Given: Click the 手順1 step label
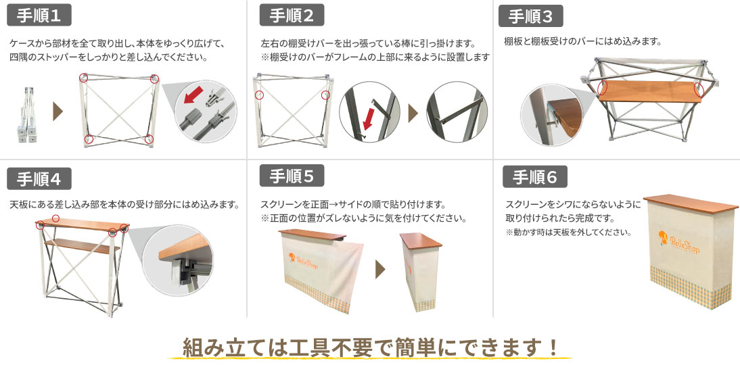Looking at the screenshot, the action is (x=39, y=16).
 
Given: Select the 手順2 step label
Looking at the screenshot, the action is (x=292, y=16).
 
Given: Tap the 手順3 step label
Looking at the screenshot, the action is (x=531, y=16).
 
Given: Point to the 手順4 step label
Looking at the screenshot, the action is (x=39, y=179).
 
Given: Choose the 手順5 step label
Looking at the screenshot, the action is (x=292, y=176).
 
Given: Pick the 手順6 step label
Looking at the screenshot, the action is (x=534, y=177).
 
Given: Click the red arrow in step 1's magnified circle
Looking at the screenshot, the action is (x=193, y=94).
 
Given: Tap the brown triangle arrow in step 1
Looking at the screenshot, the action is (x=57, y=112).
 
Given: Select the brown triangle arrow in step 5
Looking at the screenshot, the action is (x=380, y=269).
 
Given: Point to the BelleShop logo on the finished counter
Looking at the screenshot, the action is (x=679, y=243).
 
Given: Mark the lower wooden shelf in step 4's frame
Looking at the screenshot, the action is (x=77, y=245).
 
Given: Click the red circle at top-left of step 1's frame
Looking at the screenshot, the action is (x=83, y=77).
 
